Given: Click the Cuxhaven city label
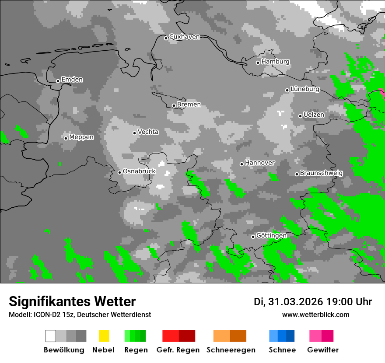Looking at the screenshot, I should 184,37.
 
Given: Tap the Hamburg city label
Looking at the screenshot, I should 275,62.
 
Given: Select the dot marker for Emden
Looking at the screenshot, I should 58,81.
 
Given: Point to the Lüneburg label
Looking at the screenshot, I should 305,89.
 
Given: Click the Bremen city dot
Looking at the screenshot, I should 174,105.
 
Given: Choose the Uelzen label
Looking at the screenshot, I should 314,115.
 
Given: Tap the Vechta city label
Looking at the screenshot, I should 148,132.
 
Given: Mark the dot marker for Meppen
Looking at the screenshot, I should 66,138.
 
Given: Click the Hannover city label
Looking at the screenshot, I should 260,163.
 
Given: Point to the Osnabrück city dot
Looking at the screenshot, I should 119,172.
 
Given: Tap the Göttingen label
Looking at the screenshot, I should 271,236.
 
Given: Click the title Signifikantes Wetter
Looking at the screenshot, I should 72,301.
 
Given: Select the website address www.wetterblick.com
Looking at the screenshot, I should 315,314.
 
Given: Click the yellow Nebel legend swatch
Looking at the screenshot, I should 104,336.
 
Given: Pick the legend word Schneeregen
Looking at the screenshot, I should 231,350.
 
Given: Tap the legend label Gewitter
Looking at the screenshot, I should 323,350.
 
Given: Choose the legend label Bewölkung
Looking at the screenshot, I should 64,350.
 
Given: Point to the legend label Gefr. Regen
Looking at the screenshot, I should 178,350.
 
